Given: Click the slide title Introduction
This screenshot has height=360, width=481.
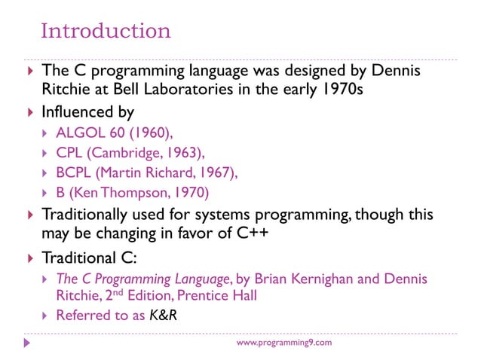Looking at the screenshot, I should click(x=106, y=32).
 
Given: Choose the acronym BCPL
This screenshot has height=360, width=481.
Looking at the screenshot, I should click(x=75, y=173).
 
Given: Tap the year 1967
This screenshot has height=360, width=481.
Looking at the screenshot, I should click(x=219, y=173).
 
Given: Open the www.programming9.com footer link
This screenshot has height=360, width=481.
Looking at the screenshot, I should click(x=283, y=343).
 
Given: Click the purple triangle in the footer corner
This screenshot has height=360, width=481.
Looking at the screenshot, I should click(x=28, y=343).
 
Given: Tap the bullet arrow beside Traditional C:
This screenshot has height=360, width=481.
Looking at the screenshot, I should click(x=30, y=256).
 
